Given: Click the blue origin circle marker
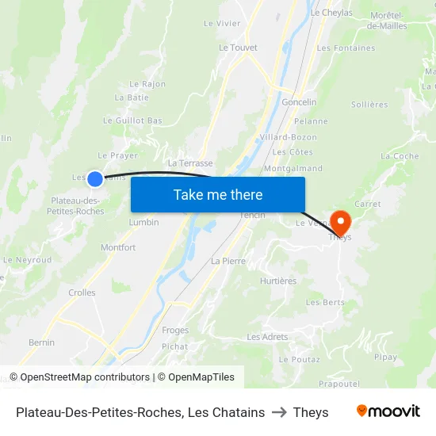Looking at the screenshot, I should click(94, 179).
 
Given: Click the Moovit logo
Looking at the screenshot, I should click(388, 411).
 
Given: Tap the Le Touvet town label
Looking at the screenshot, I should click(238, 48).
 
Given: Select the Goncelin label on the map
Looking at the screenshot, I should click(299, 102).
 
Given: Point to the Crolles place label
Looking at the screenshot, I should click(82, 293).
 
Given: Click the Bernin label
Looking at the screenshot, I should click(41, 342).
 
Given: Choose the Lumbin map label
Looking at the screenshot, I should click(143, 223).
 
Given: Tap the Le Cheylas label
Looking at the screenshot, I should click(331, 13).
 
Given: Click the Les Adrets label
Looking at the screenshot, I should click(267, 337).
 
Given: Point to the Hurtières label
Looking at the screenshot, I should click(277, 281).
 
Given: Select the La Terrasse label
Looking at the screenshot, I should click(190, 163).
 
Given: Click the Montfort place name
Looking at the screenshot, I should click(118, 247).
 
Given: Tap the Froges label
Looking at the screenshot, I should click(175, 330).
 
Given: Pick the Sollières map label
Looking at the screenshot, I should click(369, 105).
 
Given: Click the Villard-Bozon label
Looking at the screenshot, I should click(288, 137).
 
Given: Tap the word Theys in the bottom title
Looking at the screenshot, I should click(311, 412).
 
